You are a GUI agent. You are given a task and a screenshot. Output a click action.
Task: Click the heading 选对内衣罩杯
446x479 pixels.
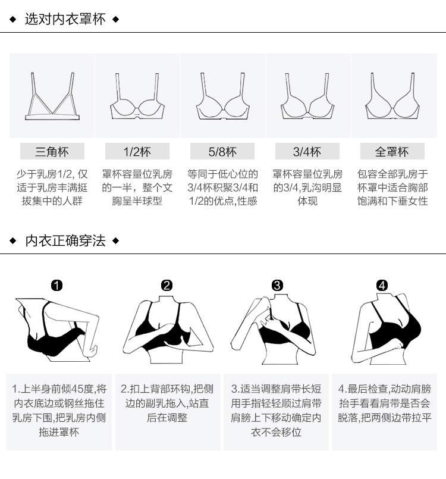pyautogui.click(x=65, y=20)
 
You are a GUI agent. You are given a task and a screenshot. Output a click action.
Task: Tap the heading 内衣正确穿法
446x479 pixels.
pyautogui.click(x=65, y=241)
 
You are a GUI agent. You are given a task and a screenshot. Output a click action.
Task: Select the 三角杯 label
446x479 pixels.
pyautogui.click(x=52, y=152)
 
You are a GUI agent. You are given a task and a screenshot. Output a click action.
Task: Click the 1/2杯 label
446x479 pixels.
pyautogui.click(x=137, y=152)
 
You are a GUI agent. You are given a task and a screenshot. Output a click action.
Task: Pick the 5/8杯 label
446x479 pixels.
pyautogui.click(x=222, y=152)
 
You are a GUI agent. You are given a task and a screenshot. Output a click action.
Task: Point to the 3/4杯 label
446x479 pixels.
pyautogui.click(x=307, y=152)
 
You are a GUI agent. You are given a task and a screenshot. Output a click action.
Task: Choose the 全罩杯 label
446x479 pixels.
pyautogui.click(x=392, y=152)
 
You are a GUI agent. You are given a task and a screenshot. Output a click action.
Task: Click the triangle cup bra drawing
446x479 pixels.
pyautogui.click(x=52, y=98)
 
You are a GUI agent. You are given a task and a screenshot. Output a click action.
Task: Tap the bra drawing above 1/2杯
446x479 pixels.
pyautogui.click(x=137, y=98)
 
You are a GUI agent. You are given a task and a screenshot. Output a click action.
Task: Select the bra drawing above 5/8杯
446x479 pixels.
pyautogui.click(x=222, y=98)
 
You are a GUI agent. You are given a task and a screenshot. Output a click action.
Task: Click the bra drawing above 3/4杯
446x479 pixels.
pyautogui.click(x=307, y=98)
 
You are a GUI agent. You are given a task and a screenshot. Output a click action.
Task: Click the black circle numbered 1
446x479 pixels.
pyautogui.click(x=56, y=286)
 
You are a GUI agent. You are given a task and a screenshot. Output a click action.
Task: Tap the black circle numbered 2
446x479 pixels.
pyautogui.click(x=167, y=286)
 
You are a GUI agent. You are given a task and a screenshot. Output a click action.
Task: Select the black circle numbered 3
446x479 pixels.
pyautogui.click(x=277, y=286)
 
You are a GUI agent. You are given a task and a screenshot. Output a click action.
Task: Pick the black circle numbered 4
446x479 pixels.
pyautogui.click(x=382, y=286)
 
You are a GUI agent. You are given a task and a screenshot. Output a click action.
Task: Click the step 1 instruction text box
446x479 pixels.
pyautogui.click(x=59, y=411)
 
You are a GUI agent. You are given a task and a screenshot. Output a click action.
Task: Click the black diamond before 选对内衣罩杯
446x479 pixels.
pyautogui.click(x=13, y=20)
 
